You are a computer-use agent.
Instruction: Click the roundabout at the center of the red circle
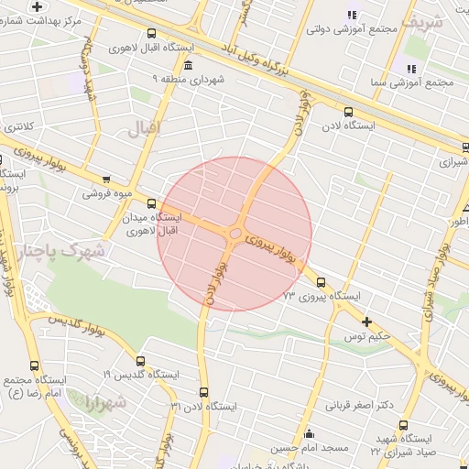234,234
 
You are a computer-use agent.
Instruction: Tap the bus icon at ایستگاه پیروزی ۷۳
321,282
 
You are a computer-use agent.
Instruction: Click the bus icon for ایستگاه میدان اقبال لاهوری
151,204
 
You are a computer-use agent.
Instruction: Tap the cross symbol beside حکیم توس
366,322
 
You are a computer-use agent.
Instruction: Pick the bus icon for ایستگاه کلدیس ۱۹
140,361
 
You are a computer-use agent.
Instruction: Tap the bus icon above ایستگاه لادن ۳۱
203,391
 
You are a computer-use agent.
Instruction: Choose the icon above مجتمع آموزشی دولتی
352,14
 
